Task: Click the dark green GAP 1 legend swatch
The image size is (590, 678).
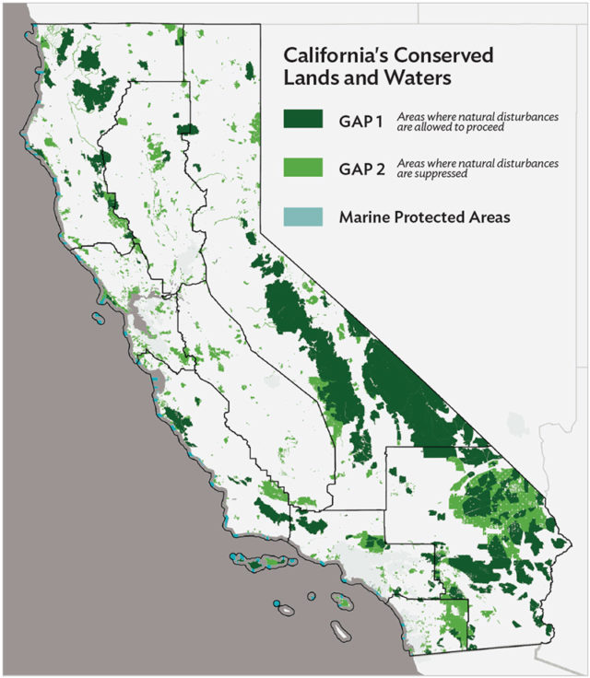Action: (x=303, y=119)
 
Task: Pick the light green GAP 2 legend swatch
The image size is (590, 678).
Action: (x=303, y=167)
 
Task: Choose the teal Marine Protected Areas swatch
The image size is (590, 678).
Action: (x=303, y=217)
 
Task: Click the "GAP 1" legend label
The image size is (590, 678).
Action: (x=361, y=119)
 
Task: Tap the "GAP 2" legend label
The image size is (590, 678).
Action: (x=361, y=167)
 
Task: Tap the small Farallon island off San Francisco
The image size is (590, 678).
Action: (x=97, y=320)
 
